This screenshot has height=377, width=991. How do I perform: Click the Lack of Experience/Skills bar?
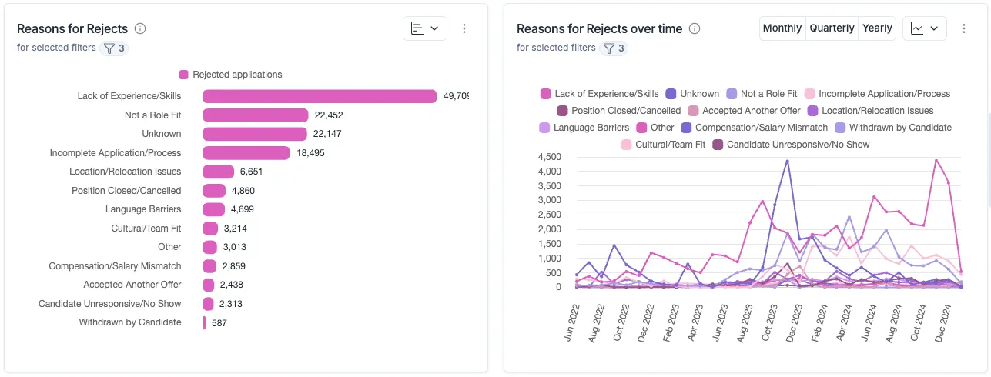click(320, 96)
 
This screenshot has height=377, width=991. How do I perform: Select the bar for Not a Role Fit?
click(255, 115)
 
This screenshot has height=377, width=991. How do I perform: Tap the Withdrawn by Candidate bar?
click(204, 322)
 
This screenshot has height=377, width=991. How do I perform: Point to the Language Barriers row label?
click(143, 209)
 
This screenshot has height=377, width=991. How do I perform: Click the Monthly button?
click(782, 28)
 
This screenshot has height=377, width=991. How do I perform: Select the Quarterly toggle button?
click(832, 28)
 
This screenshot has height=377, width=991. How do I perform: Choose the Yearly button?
click(877, 28)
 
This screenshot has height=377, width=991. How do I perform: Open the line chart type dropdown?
click(924, 28)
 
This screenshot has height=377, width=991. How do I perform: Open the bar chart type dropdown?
click(424, 28)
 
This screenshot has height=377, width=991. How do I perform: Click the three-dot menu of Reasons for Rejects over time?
click(964, 28)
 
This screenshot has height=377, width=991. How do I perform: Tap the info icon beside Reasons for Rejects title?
click(140, 28)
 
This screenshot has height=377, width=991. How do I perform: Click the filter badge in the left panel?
click(115, 48)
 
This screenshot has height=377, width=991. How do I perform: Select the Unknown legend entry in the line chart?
click(692, 94)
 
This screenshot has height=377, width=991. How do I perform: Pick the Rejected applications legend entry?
click(231, 75)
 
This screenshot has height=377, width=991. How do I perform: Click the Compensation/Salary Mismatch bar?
click(209, 266)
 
